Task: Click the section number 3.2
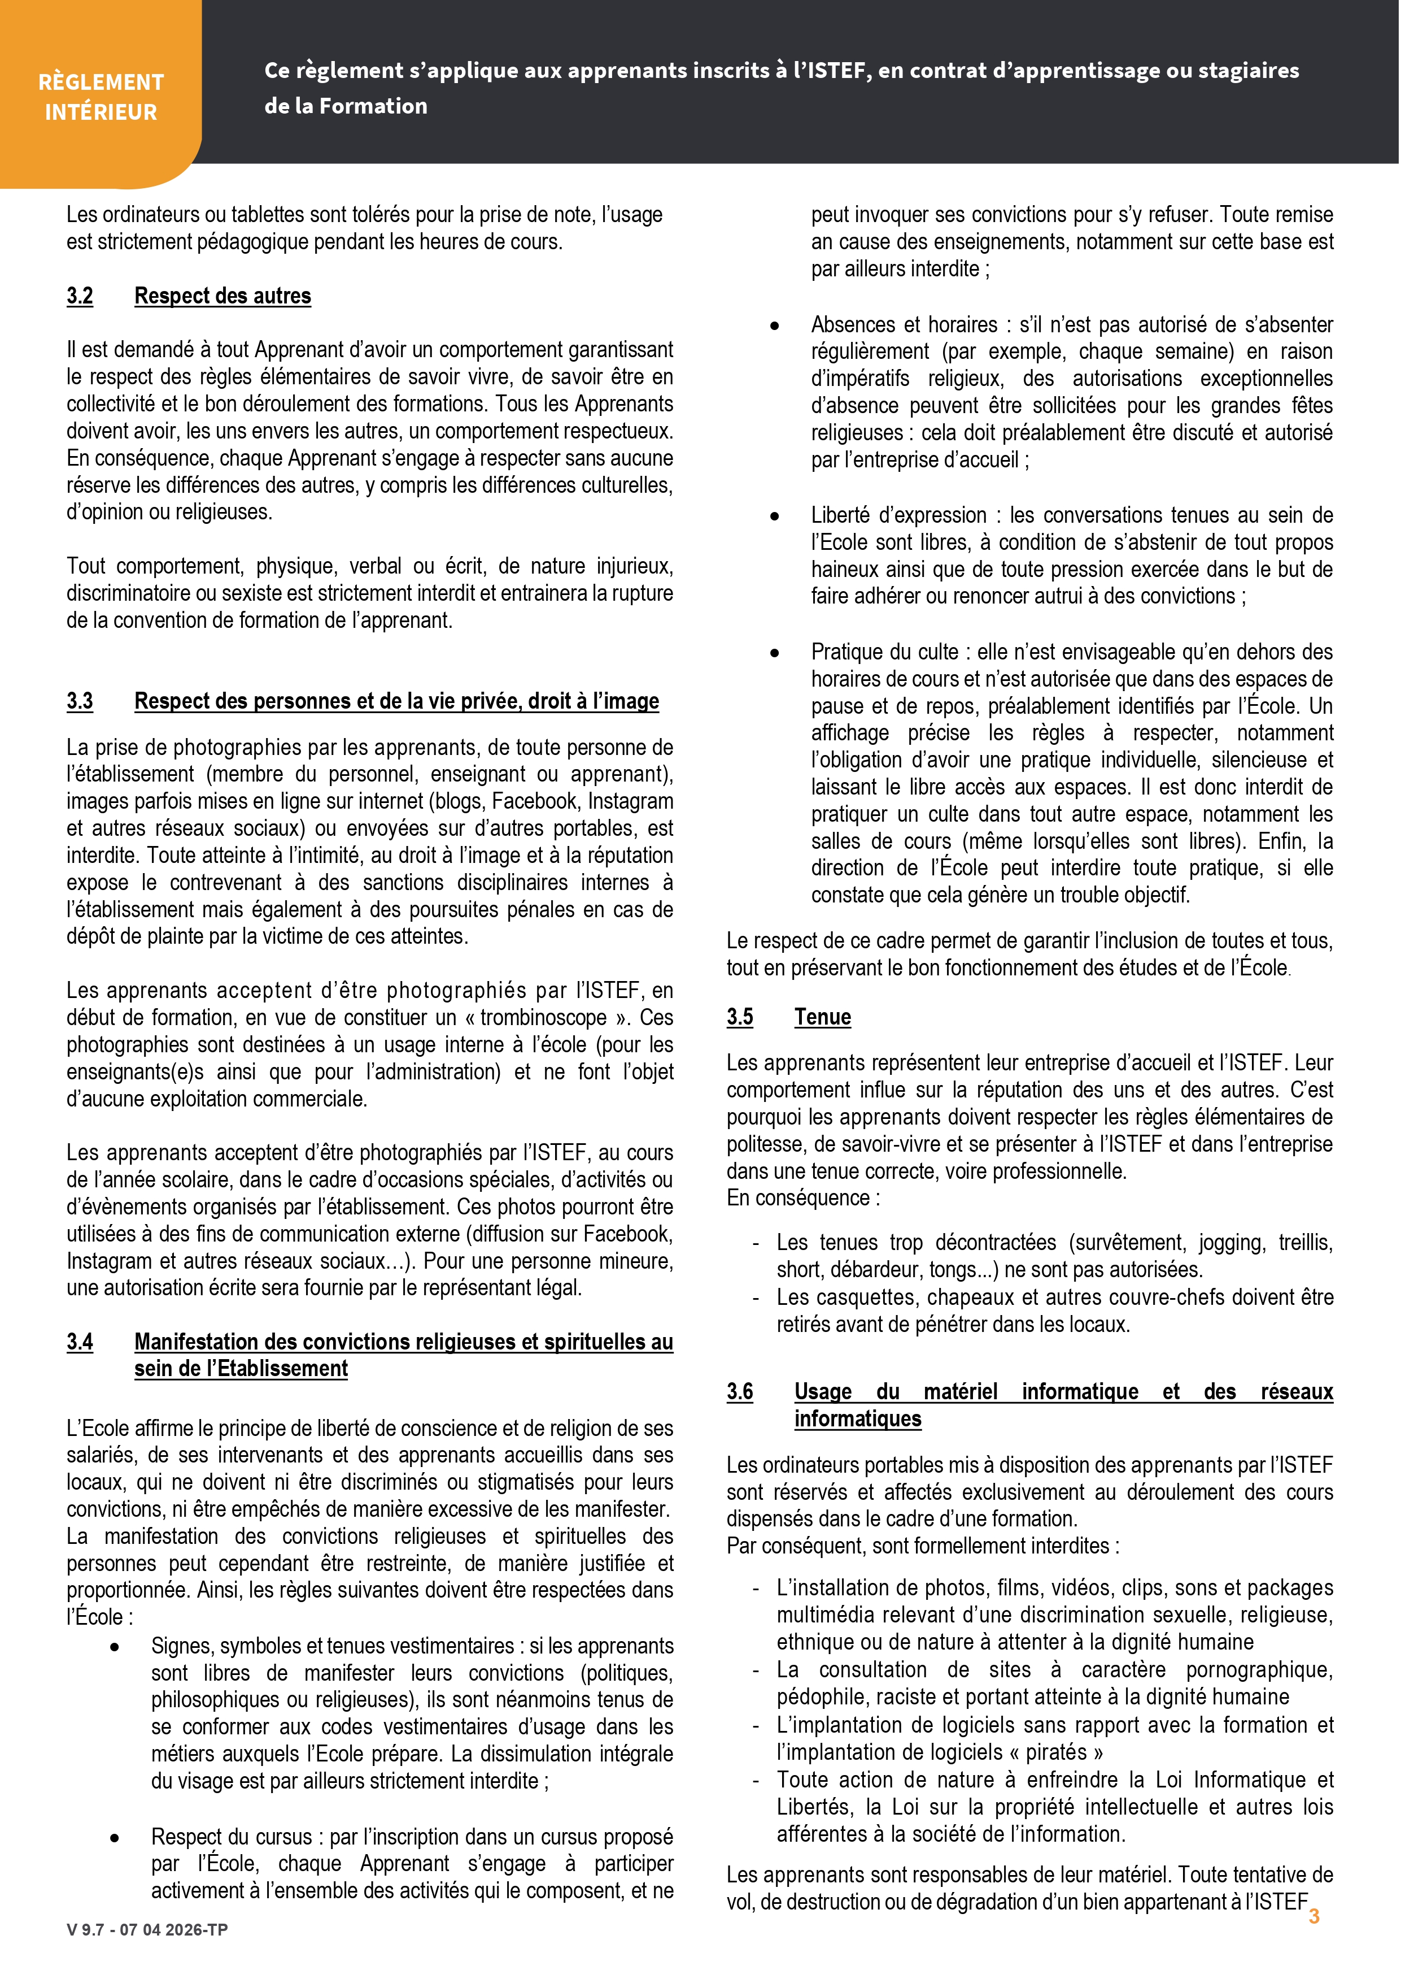click(80, 296)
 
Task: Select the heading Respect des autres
click(222, 296)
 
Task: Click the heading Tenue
click(823, 1017)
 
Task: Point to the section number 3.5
click(740, 1017)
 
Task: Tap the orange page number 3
click(1314, 1916)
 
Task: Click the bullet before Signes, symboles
click(115, 1647)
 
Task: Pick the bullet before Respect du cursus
click(115, 1838)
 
